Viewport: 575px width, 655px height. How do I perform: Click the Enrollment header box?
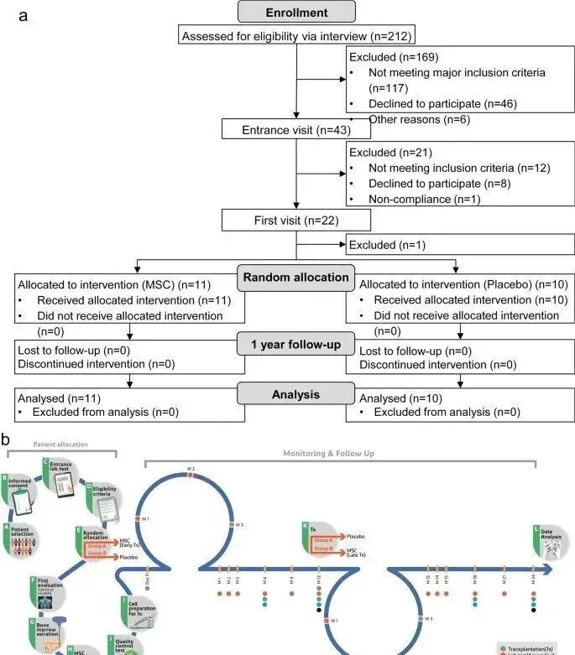click(x=296, y=12)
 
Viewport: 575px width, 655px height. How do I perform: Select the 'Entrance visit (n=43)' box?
click(x=284, y=129)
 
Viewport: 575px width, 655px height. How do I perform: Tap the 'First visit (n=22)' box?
click(x=284, y=221)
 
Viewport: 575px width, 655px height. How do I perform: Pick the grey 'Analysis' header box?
click(x=296, y=393)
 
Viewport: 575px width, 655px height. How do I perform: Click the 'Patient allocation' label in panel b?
click(x=60, y=444)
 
